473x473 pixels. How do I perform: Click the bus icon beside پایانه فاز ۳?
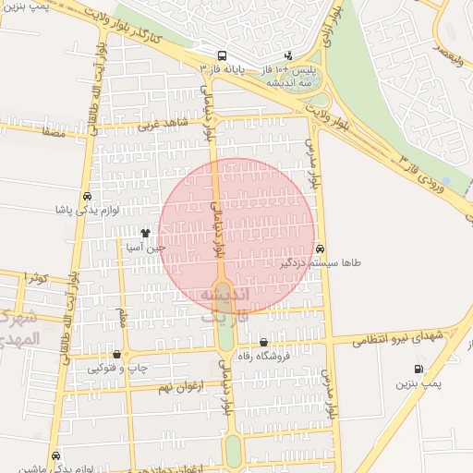pyautogui.click(x=221, y=55)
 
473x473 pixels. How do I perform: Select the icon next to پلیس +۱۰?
pyautogui.click(x=288, y=55)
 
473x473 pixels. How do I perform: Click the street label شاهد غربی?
pyautogui.click(x=163, y=124)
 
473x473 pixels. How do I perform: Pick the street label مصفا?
pyautogui.click(x=52, y=132)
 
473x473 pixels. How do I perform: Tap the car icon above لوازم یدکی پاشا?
pyautogui.click(x=87, y=197)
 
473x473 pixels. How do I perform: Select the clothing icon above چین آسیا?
pyautogui.click(x=145, y=233)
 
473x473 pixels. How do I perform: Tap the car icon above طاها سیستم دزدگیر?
pyautogui.click(x=321, y=249)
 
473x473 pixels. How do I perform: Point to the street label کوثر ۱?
pyautogui.click(x=34, y=276)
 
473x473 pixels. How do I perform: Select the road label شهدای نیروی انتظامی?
pyautogui.click(x=397, y=340)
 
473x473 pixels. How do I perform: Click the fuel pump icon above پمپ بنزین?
pyautogui.click(x=420, y=369)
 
